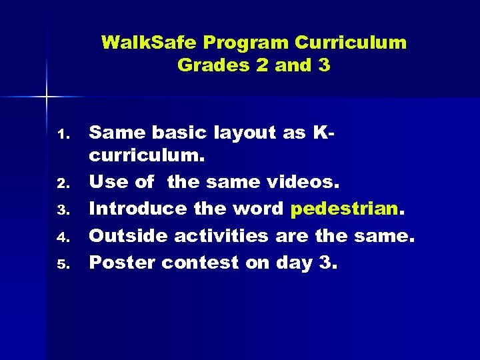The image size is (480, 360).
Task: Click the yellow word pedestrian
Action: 343,209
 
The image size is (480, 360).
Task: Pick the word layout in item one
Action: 246,133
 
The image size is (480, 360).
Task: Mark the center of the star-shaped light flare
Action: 47,97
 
